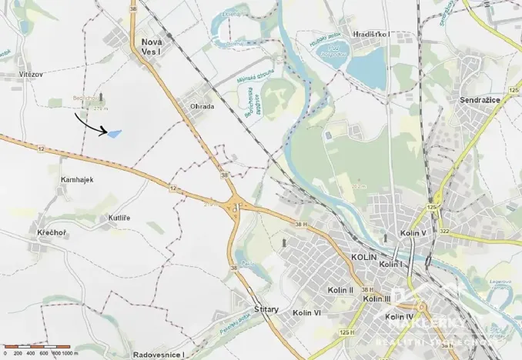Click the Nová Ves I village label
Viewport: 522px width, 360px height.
coord(150,46)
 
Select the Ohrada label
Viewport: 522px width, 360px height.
coord(201,106)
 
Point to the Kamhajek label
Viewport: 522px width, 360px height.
coord(76,178)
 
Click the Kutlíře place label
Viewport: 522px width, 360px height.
coord(119,218)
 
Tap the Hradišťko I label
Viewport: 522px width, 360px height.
coord(371,35)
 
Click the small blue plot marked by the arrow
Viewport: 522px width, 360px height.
coord(114,134)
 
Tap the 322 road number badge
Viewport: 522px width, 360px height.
coord(444,231)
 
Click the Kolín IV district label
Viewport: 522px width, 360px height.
coord(400,317)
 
